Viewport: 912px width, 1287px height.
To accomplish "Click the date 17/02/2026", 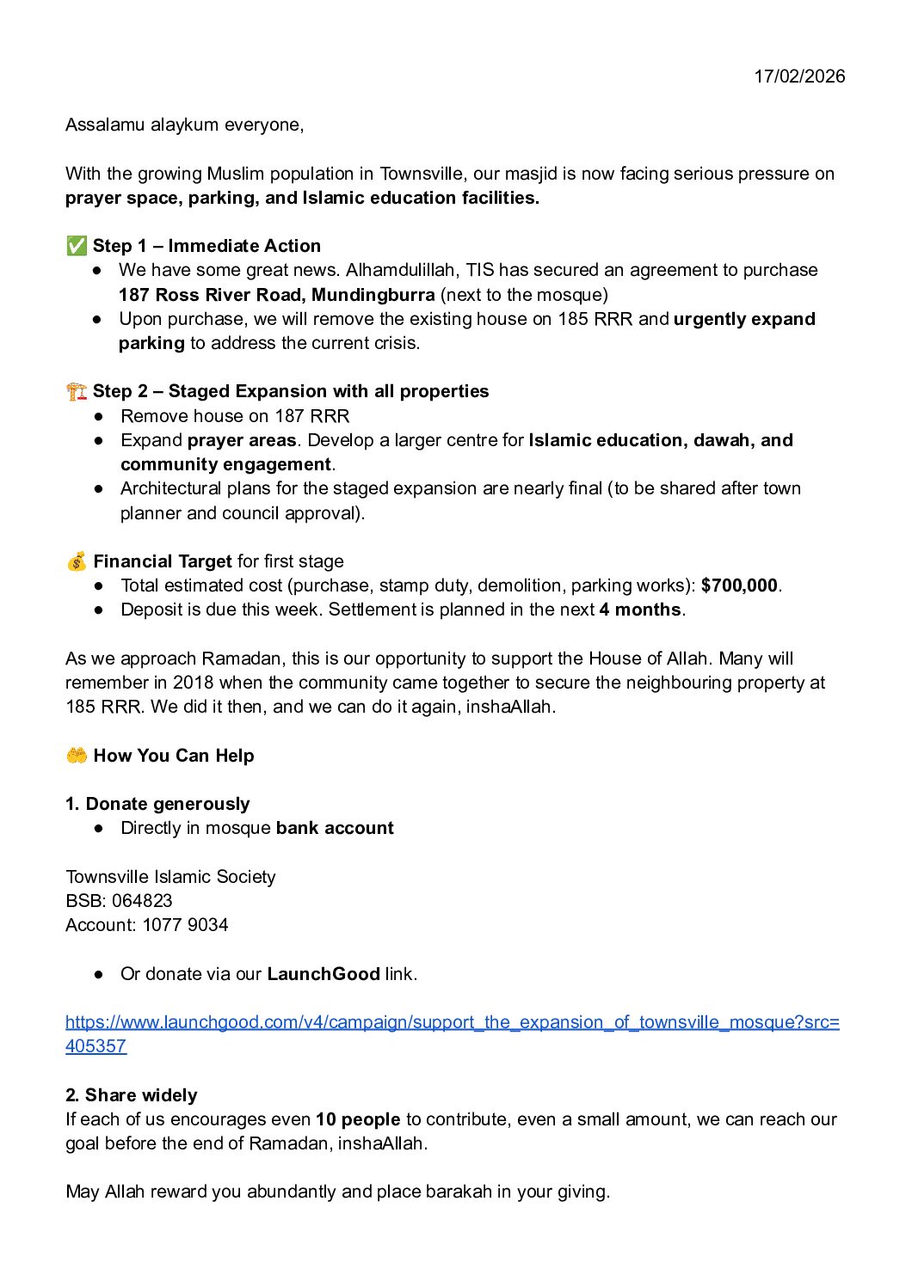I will point(799,76).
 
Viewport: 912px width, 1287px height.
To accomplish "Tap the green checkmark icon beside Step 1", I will point(76,246).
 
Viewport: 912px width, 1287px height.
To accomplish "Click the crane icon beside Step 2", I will point(76,391).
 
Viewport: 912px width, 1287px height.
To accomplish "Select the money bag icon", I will point(76,561).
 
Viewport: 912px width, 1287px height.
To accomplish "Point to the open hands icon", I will point(76,756).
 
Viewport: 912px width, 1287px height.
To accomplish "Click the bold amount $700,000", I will point(739,585).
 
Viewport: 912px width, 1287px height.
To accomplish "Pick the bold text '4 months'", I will point(640,610).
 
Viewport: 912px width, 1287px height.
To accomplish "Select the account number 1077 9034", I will point(185,925).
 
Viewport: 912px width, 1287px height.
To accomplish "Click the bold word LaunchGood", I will point(324,974).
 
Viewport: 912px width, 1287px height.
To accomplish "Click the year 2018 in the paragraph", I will point(194,683).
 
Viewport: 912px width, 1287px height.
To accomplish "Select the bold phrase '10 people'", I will point(358,1119).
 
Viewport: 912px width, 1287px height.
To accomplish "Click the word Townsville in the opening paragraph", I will point(422,174).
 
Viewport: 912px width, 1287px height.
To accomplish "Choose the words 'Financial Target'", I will point(163,561).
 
